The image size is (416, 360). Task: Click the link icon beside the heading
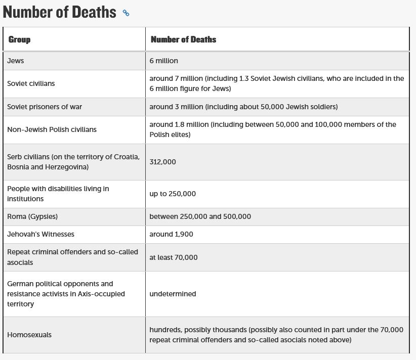(x=126, y=13)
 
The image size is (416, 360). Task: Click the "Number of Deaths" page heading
(x=59, y=12)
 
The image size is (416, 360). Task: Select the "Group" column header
(x=19, y=39)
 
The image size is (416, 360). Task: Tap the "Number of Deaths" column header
(x=183, y=39)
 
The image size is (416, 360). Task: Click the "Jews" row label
(x=16, y=61)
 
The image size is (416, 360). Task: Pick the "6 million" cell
(x=163, y=61)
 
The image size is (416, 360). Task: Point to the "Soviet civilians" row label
(x=31, y=83)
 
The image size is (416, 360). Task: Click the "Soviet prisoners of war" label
(x=45, y=107)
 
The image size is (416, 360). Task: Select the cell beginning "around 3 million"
(x=243, y=107)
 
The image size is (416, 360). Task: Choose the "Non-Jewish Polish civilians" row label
(x=52, y=129)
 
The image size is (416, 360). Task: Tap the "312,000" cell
(x=162, y=162)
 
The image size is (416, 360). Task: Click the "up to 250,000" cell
(x=173, y=194)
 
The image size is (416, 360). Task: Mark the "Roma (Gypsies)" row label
(x=32, y=216)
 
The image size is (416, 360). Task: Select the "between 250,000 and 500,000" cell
(x=200, y=216)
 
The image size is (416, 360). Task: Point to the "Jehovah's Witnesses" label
(x=40, y=234)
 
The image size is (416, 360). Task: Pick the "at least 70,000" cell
(x=174, y=257)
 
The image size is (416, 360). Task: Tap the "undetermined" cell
(x=173, y=294)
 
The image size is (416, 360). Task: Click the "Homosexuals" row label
(x=29, y=335)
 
